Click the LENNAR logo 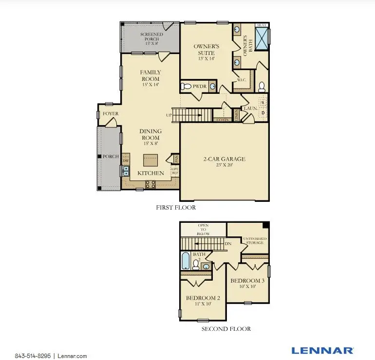point(322,350)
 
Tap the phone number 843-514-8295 point(33,356)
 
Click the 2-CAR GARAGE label point(224,159)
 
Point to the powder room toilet point(186,87)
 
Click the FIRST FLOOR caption point(176,208)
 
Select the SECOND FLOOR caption point(226,329)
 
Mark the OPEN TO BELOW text point(203,230)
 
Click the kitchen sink point(126,171)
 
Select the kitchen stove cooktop point(150,183)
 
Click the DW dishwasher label point(125,161)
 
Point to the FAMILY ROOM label point(151,75)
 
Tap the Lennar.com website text point(72,356)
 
